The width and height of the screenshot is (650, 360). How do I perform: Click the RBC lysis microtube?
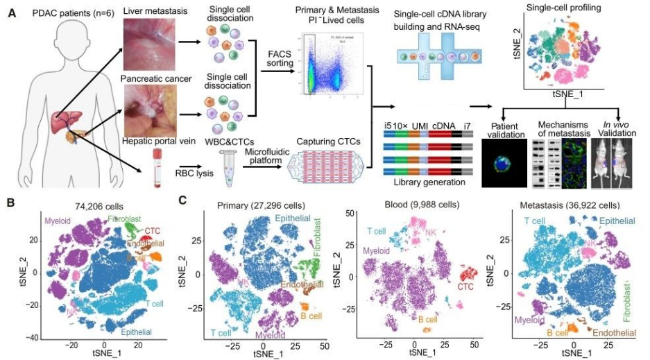pos(226,168)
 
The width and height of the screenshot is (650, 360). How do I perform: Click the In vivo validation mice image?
pos(613,162)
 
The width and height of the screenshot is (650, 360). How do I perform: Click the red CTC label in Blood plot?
pos(463,285)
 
